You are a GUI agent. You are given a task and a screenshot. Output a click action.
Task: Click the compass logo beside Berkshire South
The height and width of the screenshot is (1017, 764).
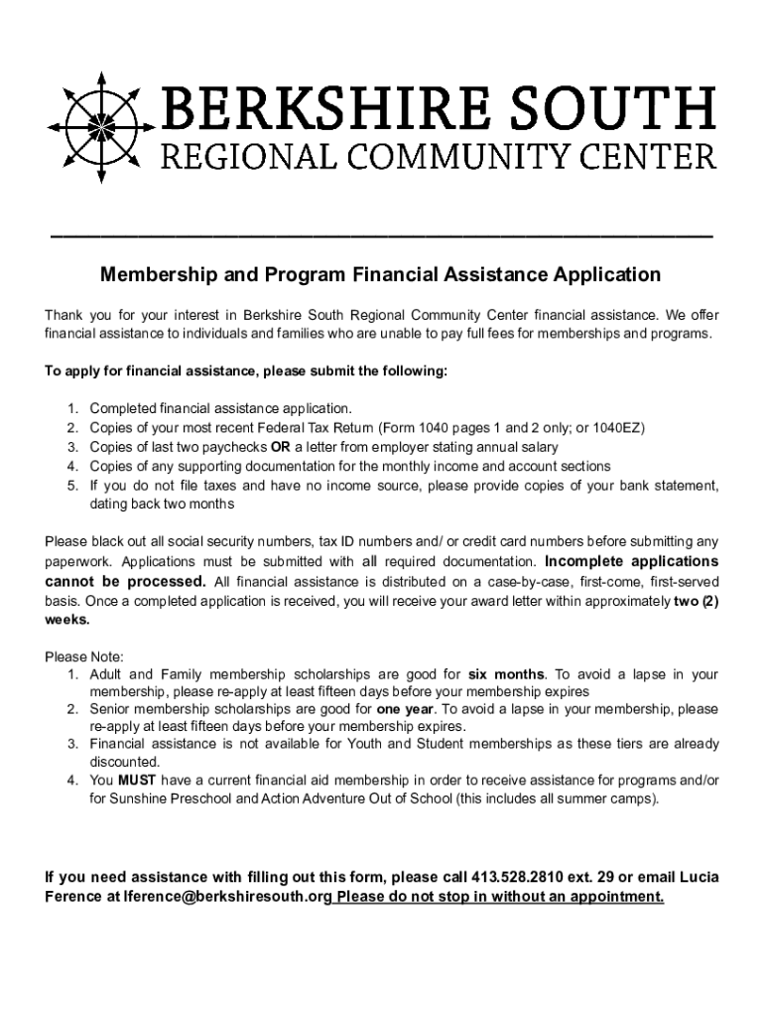pyautogui.click(x=100, y=127)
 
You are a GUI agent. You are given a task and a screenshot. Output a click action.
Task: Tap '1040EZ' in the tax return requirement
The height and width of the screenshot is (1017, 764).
pyautogui.click(x=618, y=427)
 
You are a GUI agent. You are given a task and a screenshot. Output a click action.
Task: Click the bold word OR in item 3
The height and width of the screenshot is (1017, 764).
pyautogui.click(x=281, y=446)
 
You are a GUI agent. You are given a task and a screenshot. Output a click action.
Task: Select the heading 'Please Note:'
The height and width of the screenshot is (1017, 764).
pyautogui.click(x=83, y=656)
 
